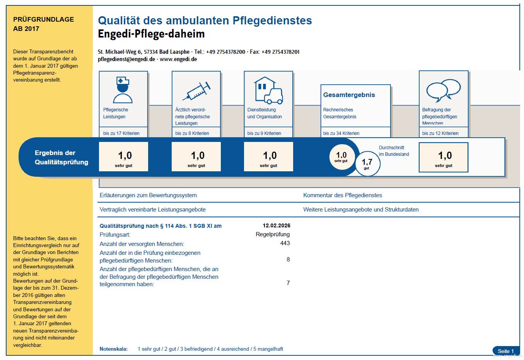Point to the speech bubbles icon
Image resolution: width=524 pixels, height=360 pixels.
point(443,90)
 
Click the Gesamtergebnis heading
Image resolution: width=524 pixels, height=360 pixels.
point(349,95)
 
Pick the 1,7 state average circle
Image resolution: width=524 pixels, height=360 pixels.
point(367,164)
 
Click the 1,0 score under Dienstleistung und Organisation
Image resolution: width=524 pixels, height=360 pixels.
point(270,156)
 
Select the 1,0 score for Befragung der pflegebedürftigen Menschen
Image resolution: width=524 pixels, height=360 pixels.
point(444,156)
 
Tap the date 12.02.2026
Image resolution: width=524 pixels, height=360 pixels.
point(276,226)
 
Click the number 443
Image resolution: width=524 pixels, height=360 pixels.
point(285,243)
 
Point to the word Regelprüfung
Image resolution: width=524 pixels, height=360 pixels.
point(273,234)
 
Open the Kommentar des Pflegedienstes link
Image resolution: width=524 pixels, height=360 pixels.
point(342,195)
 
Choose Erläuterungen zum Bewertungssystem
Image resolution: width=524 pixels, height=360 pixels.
point(148,195)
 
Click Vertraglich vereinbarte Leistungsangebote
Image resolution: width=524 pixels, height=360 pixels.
point(152,210)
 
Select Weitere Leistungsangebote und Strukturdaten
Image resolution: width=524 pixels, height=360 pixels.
point(361,210)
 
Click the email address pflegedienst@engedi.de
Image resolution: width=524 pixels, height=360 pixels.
point(126,59)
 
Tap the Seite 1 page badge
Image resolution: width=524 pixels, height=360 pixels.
point(505,351)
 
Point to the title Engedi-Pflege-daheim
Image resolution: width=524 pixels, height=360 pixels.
point(151,34)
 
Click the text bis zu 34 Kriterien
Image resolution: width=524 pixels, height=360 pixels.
point(341,133)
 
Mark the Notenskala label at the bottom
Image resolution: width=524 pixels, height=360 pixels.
point(113,349)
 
